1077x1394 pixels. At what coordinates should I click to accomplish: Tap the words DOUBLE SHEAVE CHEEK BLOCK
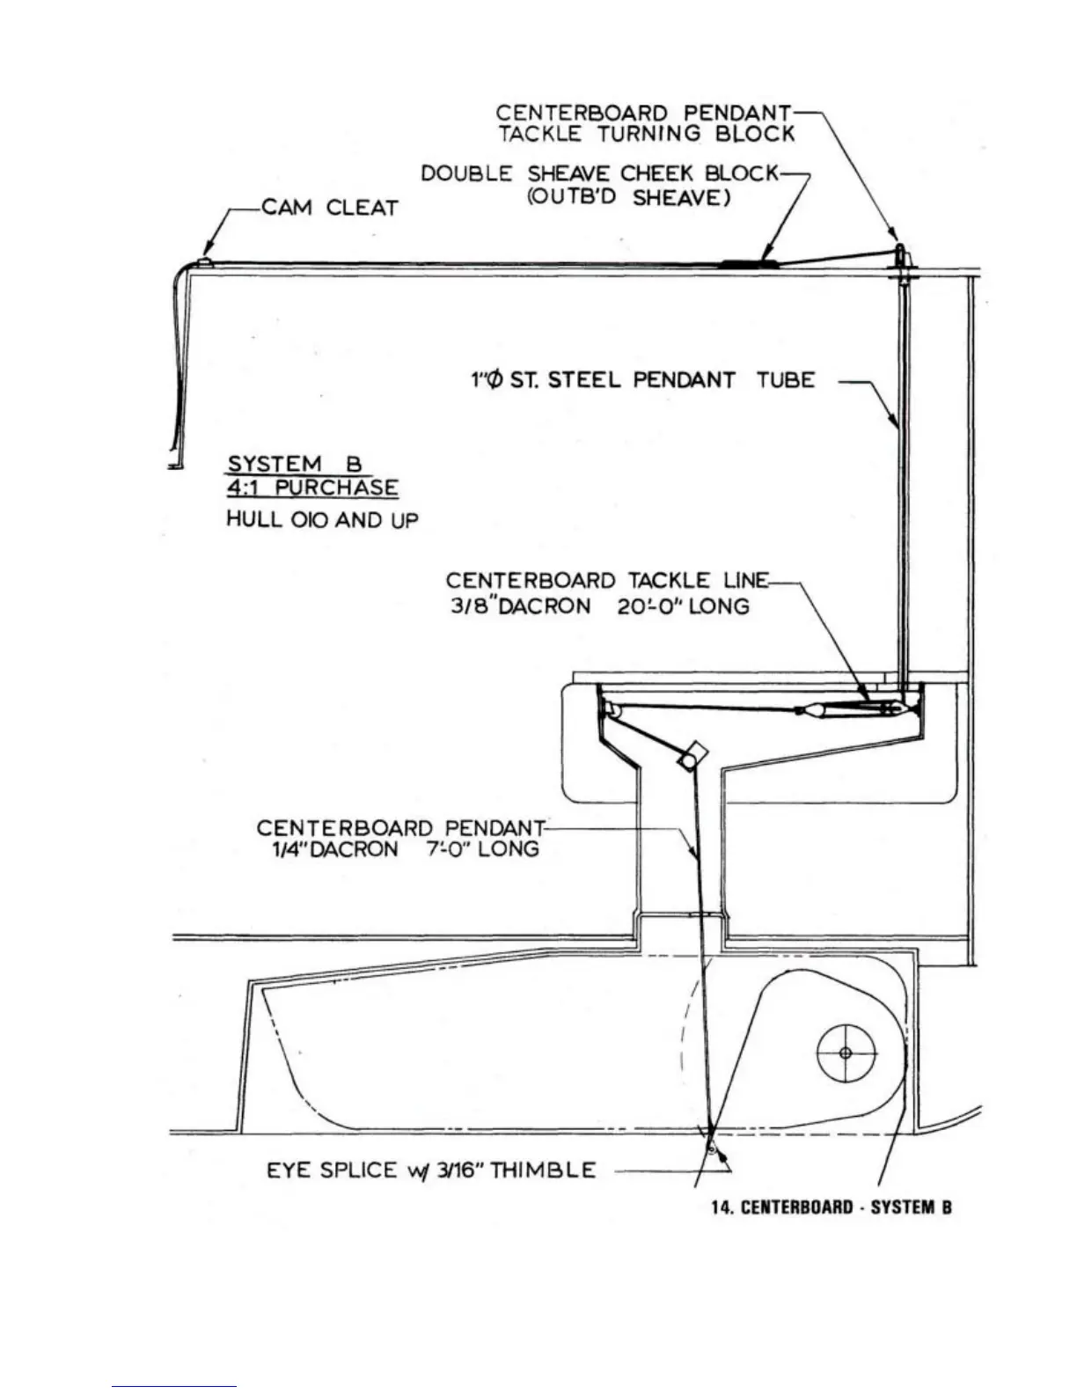[599, 173]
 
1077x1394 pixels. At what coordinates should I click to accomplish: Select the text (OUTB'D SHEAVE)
[629, 198]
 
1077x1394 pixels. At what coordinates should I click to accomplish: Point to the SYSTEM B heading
[295, 464]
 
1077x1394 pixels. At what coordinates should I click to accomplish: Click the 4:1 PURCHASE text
[312, 488]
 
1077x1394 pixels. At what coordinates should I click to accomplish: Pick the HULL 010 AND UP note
[322, 519]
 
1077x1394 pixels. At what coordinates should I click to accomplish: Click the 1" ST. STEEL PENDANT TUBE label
[643, 380]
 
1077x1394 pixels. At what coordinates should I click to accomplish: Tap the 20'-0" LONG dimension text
[683, 606]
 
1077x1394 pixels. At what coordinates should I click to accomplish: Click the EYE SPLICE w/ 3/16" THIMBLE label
[431, 1170]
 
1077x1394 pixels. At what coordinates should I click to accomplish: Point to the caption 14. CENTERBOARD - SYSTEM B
[831, 1207]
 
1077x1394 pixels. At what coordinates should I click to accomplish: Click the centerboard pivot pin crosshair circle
[846, 1053]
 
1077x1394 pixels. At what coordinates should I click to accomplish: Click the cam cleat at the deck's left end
[203, 261]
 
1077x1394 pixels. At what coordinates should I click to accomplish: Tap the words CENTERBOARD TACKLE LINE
[607, 581]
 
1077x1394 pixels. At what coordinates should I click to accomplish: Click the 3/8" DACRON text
[520, 606]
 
